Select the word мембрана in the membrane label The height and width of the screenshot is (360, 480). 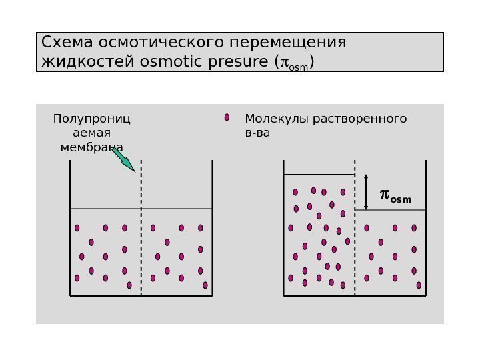91,147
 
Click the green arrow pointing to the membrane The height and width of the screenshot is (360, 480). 123,159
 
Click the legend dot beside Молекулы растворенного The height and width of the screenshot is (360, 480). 227,117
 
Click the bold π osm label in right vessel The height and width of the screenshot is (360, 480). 395,196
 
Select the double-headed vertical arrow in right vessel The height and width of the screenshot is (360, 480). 366,193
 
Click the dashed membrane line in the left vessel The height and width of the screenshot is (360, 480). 141,227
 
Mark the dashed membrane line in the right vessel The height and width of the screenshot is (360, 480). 355,227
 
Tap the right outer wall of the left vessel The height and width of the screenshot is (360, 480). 212,227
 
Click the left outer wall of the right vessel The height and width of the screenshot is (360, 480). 284,227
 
